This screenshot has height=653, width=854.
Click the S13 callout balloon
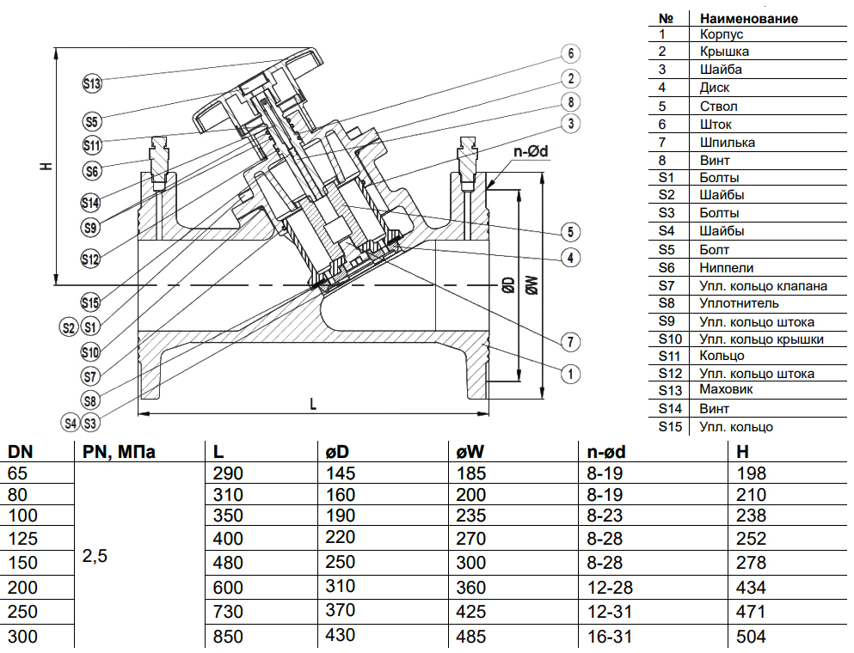92,83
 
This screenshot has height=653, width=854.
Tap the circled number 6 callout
569,53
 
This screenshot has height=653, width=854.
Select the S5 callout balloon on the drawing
92,120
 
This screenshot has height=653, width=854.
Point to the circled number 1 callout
569,373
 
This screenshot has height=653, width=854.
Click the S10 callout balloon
91,351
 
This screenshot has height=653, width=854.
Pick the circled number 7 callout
569,341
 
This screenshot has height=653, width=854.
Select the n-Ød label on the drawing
531,152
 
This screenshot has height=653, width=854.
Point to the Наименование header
748,17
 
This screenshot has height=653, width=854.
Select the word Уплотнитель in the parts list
739,302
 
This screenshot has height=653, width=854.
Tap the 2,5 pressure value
95,556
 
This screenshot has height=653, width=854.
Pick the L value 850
228,637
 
